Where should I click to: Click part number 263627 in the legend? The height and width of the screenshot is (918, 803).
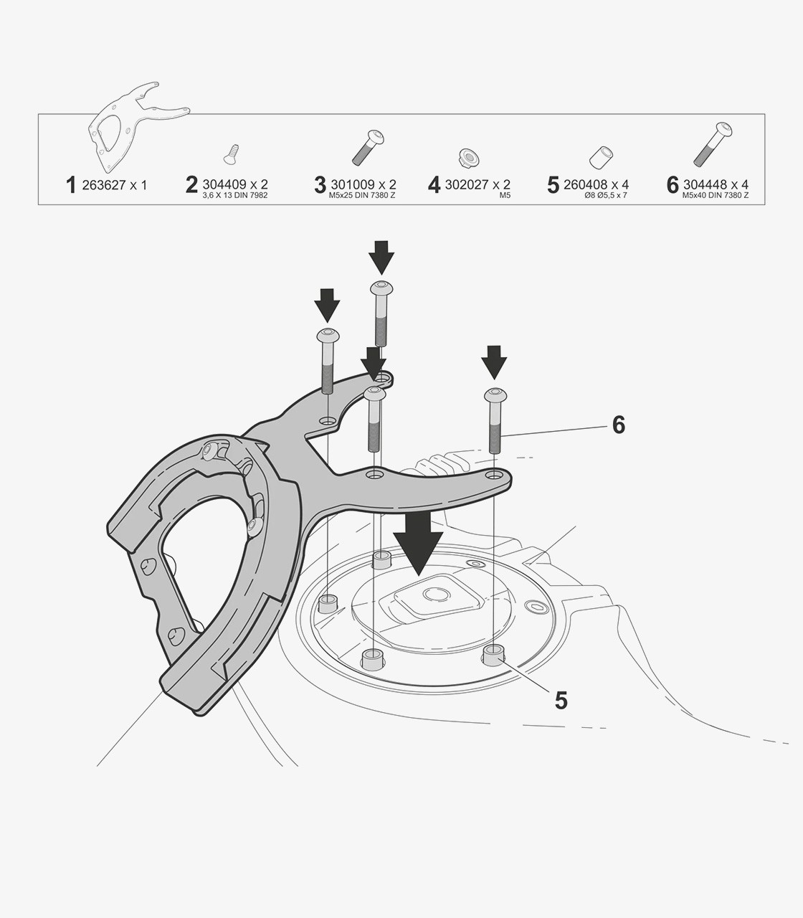pyautogui.click(x=104, y=185)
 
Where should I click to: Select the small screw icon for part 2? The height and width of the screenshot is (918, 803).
pyautogui.click(x=231, y=154)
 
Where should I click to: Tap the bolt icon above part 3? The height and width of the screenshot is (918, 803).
pyautogui.click(x=368, y=148)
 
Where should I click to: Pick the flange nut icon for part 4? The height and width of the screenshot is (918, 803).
pyautogui.click(x=469, y=156)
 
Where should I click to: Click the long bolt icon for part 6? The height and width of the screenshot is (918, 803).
pyautogui.click(x=713, y=143)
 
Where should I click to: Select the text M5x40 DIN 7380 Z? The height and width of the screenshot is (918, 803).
pyautogui.click(x=715, y=195)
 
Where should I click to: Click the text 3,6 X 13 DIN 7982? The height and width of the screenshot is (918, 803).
pyautogui.click(x=235, y=195)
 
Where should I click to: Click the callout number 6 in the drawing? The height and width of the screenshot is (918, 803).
pyautogui.click(x=619, y=425)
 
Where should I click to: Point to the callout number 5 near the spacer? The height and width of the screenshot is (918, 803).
pyautogui.click(x=561, y=712)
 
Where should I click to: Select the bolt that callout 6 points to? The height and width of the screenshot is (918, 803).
pyautogui.click(x=495, y=421)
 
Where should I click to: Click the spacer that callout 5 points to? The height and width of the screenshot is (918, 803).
pyautogui.click(x=493, y=656)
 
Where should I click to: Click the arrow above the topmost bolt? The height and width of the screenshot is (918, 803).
pyautogui.click(x=381, y=257)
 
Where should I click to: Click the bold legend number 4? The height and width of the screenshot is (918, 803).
pyautogui.click(x=434, y=185)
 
